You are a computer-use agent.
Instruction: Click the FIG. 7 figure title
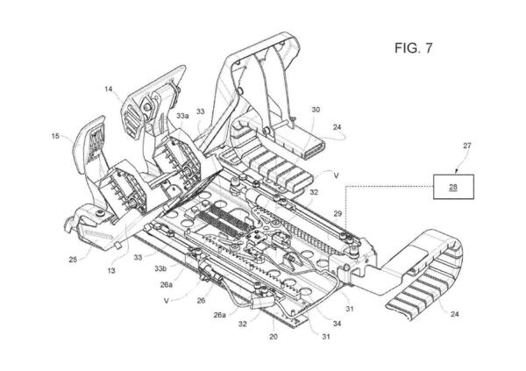pos(414,48)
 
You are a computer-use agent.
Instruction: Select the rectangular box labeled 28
pos(453,187)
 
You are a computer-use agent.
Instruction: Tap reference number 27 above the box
pos(467,146)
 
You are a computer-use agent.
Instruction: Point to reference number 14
pos(109,89)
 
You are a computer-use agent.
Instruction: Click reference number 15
pos(55,136)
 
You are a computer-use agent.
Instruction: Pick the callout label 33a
pos(183,116)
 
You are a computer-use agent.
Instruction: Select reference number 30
pos(316,110)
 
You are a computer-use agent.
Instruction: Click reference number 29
pos(338,213)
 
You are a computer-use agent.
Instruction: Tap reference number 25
pos(73,260)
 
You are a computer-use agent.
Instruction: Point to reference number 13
pos(111,270)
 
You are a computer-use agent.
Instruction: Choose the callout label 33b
pos(160,268)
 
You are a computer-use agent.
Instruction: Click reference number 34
pos(338,324)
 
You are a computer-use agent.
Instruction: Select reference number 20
pos(274,337)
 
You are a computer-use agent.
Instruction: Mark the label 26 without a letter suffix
pos(201,301)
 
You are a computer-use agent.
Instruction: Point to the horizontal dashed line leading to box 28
pos(389,186)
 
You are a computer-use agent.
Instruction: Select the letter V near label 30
pos(337,175)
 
